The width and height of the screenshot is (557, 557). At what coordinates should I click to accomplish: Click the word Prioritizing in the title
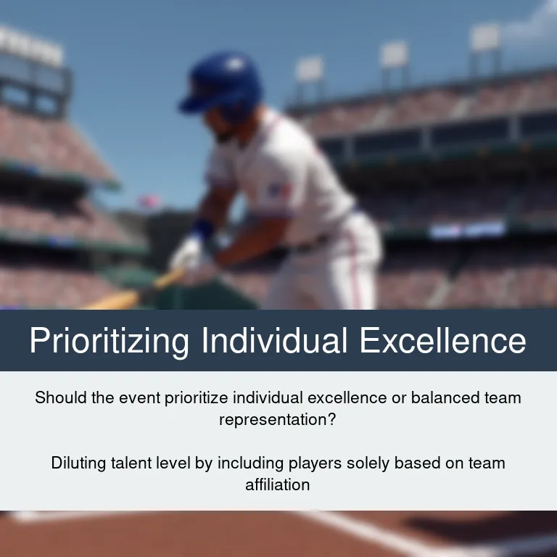[109, 341]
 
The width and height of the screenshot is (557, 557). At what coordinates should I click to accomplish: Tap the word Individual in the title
[274, 340]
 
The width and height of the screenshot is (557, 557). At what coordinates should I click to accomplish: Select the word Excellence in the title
[442, 340]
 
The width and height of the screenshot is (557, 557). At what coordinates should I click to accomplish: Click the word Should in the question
[61, 397]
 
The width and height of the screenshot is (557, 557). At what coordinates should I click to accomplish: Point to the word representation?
[278, 419]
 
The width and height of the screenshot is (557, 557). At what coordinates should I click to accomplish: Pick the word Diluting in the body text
[78, 463]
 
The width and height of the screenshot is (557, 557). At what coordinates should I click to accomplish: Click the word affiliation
[278, 485]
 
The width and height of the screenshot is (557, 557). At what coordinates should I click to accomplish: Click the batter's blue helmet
[222, 83]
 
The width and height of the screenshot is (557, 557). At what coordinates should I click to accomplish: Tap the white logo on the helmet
[234, 63]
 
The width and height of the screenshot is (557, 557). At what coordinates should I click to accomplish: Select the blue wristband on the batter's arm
[204, 228]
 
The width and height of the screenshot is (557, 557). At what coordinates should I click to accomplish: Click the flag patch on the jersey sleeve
[278, 191]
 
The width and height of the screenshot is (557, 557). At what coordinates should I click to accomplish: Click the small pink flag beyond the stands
[149, 201]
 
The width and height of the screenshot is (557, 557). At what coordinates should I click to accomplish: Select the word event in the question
[139, 397]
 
